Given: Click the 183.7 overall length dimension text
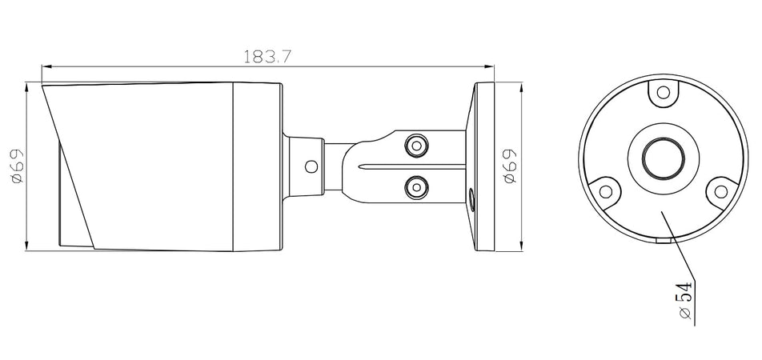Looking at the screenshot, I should click(267, 57).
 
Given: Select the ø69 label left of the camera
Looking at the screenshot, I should click(17, 166).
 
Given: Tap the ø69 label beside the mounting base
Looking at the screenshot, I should click(510, 166).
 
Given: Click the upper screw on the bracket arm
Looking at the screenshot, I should click(415, 146).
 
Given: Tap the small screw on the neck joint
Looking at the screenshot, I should click(311, 166).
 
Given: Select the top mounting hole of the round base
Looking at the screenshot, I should click(662, 94).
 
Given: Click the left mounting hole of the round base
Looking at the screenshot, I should click(606, 191).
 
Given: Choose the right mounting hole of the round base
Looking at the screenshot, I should click(719, 191).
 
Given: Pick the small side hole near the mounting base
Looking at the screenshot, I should click(470, 196).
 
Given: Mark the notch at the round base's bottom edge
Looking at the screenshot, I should click(662, 238).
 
